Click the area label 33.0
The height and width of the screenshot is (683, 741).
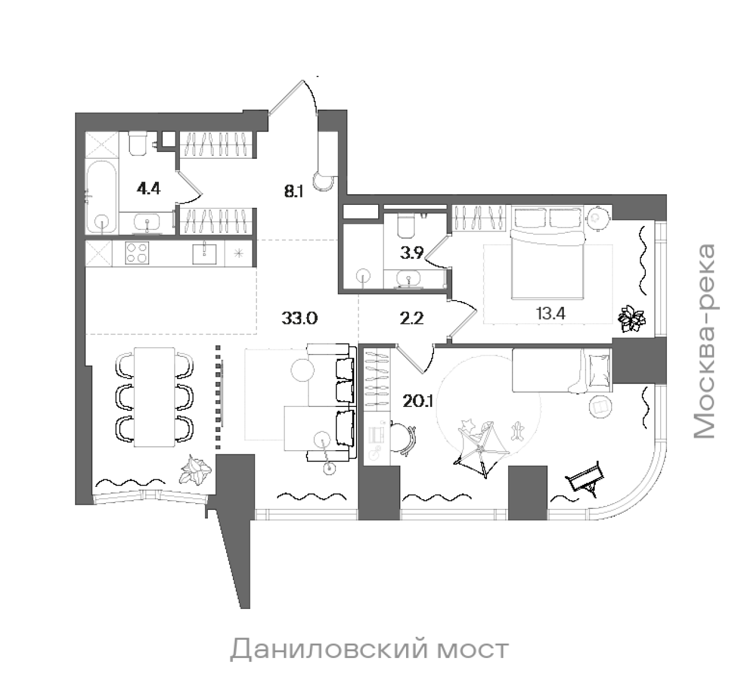[x=299, y=318]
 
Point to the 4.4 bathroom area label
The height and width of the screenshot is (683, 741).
[x=148, y=188]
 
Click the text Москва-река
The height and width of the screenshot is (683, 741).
[x=705, y=341]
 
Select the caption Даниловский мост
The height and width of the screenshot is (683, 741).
[x=369, y=649]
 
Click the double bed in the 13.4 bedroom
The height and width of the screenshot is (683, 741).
[x=547, y=256]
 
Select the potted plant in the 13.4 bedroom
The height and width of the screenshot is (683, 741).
[x=631, y=319]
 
